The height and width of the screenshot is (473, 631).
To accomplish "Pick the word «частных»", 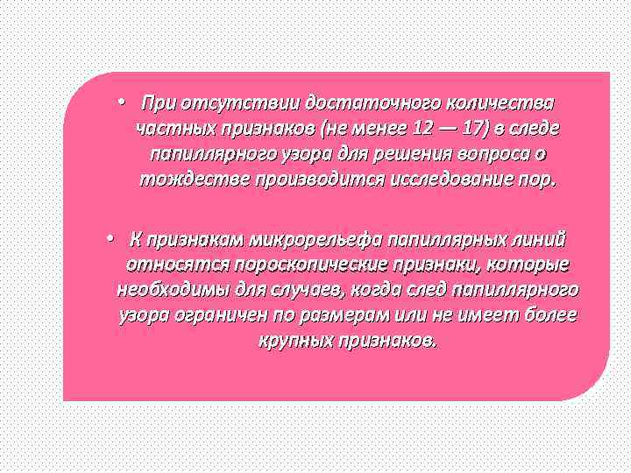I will (174, 129).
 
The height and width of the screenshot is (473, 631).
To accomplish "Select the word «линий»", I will (540, 239).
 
